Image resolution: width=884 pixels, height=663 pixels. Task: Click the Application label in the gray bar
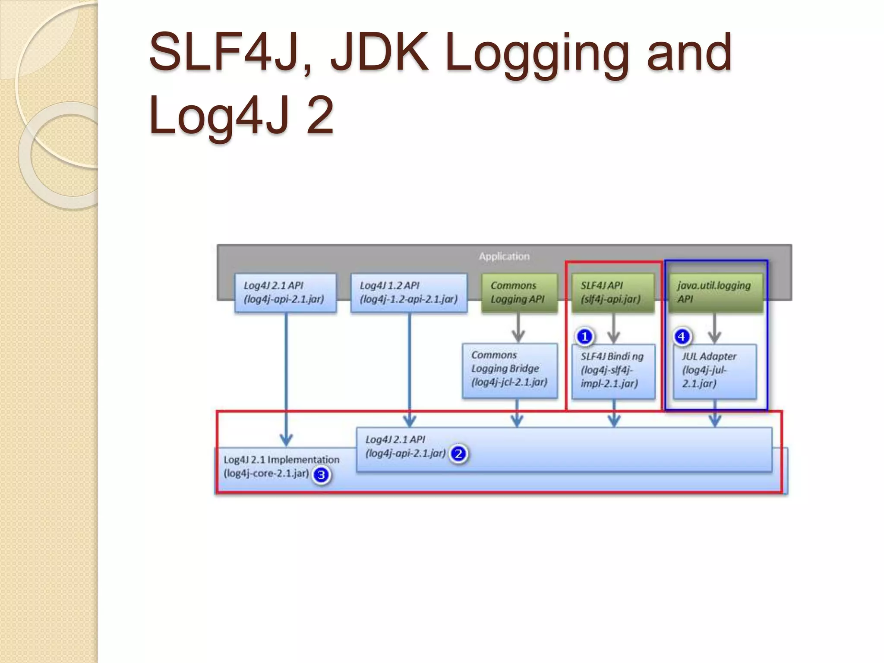[x=504, y=256]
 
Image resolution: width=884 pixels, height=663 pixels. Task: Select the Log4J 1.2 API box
[x=409, y=293]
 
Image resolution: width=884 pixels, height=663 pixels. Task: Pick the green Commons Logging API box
[x=519, y=293]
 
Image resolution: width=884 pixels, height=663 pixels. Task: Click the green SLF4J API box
[x=612, y=293]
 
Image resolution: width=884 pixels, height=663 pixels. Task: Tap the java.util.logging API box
[x=715, y=293]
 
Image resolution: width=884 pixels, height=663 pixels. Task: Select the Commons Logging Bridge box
[x=509, y=370]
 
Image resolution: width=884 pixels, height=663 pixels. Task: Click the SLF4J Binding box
[x=613, y=371]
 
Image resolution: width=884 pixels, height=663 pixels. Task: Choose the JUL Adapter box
[x=714, y=371]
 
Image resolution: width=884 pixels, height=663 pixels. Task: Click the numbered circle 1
[x=585, y=336]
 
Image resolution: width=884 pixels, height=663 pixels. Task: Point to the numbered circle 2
[x=458, y=454]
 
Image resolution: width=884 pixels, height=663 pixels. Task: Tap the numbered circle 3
[x=321, y=475]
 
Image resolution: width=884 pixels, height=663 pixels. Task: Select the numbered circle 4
[x=682, y=336]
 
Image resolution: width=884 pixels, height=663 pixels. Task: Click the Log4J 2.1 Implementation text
[x=281, y=460]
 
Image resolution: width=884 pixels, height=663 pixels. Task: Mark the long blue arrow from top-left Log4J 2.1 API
[x=286, y=376]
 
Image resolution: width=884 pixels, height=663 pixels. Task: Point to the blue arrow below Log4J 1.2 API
[x=409, y=367]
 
